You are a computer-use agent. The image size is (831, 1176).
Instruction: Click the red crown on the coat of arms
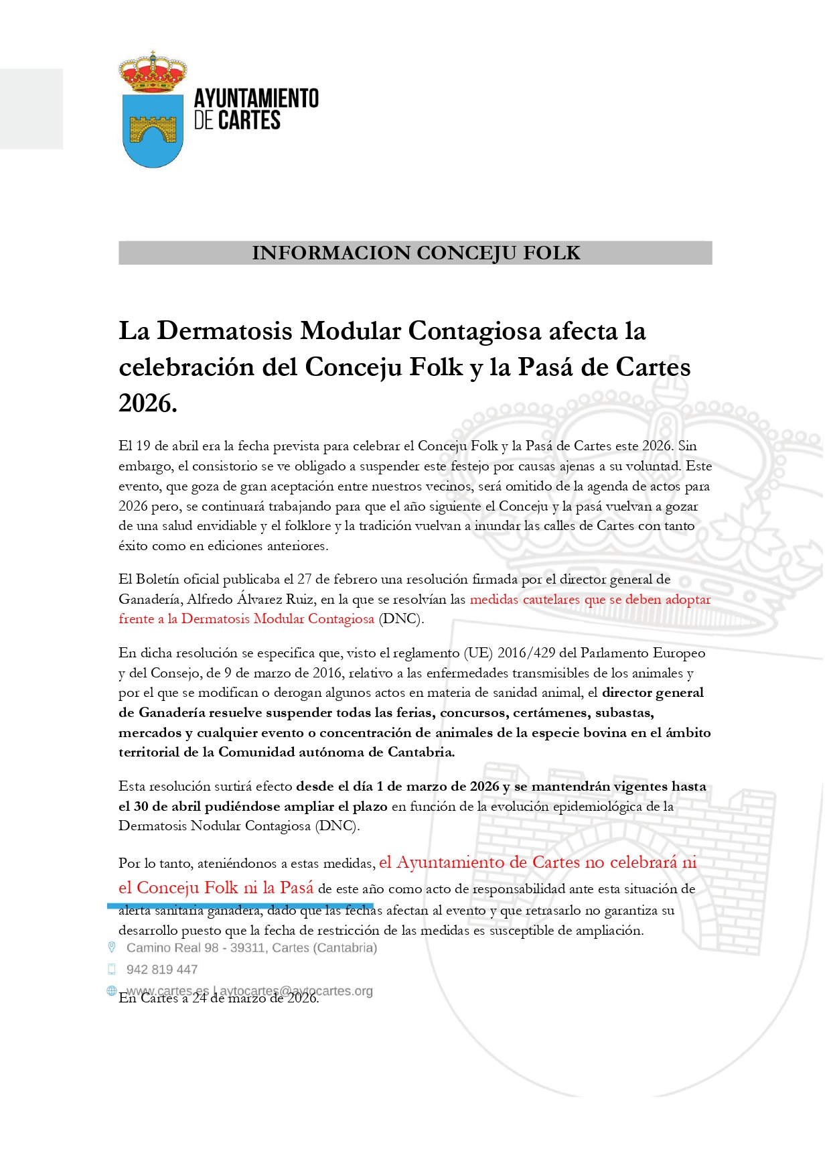coord(153,72)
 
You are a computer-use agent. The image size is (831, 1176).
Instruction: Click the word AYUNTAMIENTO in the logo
coord(256,99)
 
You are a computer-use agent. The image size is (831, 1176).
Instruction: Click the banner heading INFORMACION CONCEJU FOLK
coord(415,253)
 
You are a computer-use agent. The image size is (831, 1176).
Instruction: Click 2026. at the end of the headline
coord(148,403)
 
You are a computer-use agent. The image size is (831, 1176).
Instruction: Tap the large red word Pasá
coord(297,888)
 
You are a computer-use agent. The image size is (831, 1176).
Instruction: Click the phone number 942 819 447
coord(162,970)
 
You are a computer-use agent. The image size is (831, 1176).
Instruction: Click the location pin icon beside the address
coord(112,948)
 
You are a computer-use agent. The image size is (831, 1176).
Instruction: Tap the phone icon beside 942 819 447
coord(112,969)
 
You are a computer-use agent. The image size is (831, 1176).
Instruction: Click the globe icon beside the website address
coord(112,990)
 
